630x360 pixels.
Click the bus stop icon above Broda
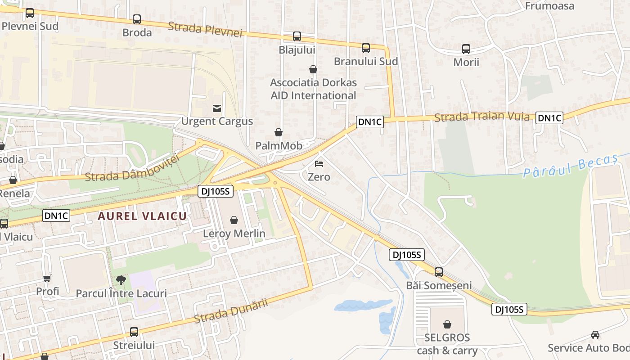[137, 19]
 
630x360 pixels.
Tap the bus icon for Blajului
[297, 36]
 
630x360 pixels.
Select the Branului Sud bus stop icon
[366, 48]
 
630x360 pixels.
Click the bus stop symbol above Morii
[466, 49]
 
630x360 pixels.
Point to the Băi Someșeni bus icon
[439, 272]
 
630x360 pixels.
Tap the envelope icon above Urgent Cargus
[217, 108]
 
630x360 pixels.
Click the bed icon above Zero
[319, 164]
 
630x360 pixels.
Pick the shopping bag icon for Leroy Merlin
[234, 220]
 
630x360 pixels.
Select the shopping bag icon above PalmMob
[279, 132]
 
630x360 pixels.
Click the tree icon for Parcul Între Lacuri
[121, 280]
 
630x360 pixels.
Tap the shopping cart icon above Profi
[47, 279]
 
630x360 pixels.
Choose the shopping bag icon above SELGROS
[447, 324]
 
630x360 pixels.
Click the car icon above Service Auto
[595, 335]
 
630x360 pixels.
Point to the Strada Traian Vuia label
[482, 117]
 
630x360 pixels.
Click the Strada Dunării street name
[231, 310]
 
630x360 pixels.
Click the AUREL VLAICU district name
[142, 216]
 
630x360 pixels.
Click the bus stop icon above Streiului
[134, 332]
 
